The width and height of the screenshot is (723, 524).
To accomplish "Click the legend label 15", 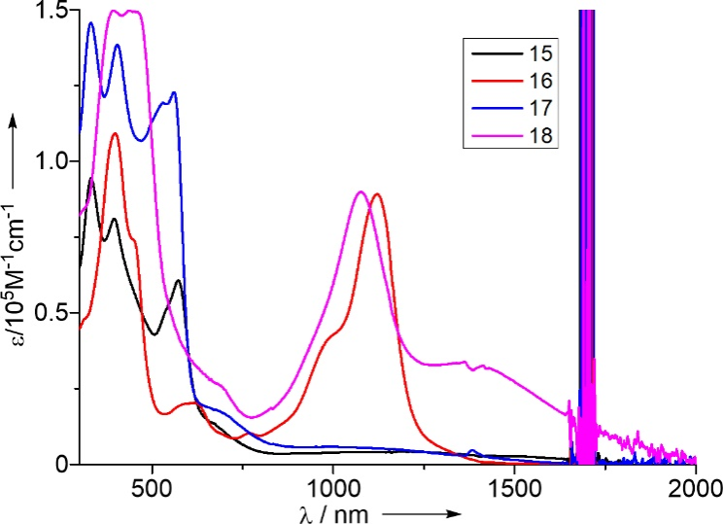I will (x=535, y=51).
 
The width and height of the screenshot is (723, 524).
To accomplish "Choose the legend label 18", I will (x=535, y=135).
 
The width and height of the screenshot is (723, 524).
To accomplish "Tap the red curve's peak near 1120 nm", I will (x=377, y=194).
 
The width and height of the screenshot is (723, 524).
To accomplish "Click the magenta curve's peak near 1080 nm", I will (x=361, y=192).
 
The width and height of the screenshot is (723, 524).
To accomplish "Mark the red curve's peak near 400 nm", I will (x=115, y=133).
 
